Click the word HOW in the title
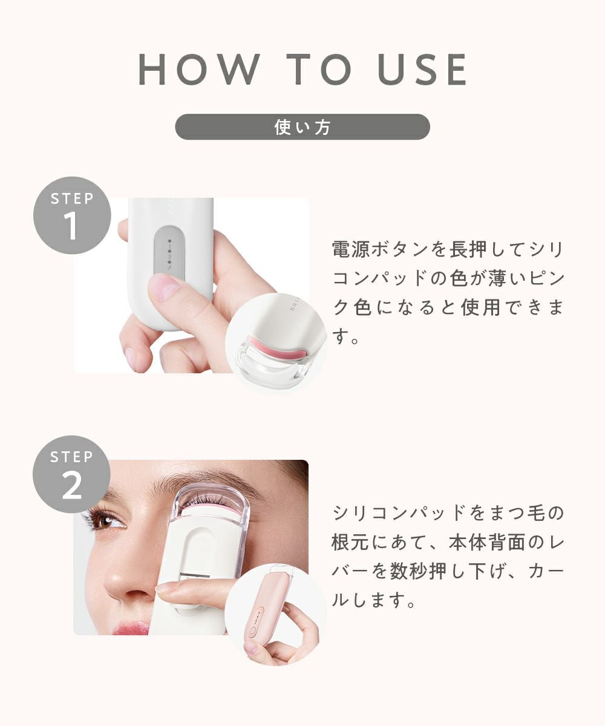click(x=199, y=69)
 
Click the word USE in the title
click(x=422, y=69)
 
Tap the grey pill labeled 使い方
click(x=302, y=127)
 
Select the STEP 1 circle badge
click(x=72, y=215)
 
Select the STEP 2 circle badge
click(x=71, y=474)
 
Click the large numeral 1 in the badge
click(x=71, y=226)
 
